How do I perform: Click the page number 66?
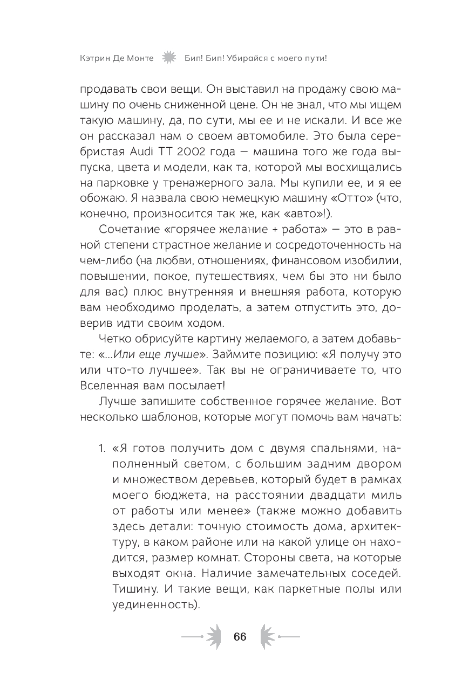[240, 636]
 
